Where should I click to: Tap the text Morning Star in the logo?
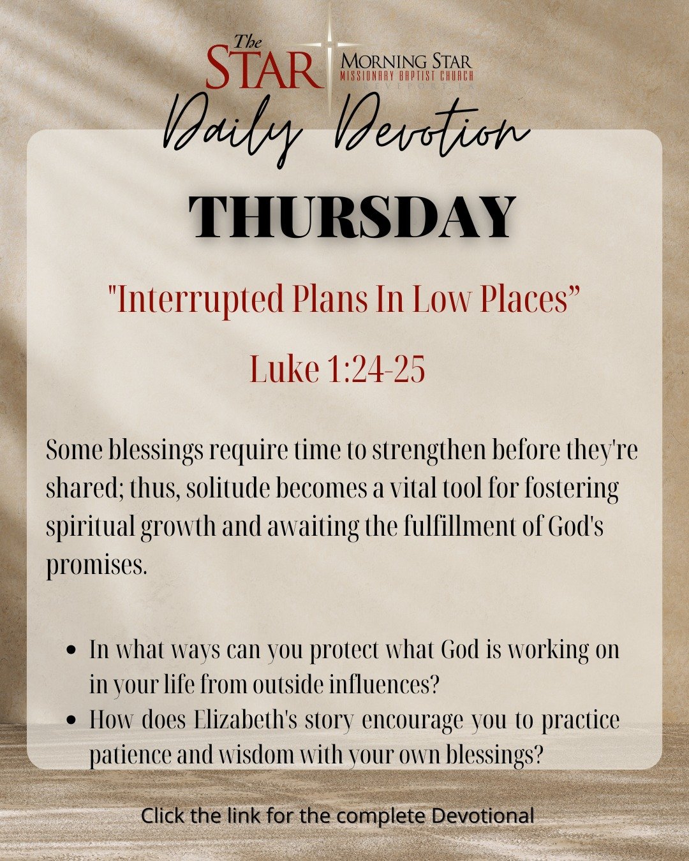406,62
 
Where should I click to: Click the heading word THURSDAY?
352,216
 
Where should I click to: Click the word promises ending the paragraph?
96,566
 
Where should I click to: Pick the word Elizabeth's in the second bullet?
246,719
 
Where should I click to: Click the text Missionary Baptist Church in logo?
406,76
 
